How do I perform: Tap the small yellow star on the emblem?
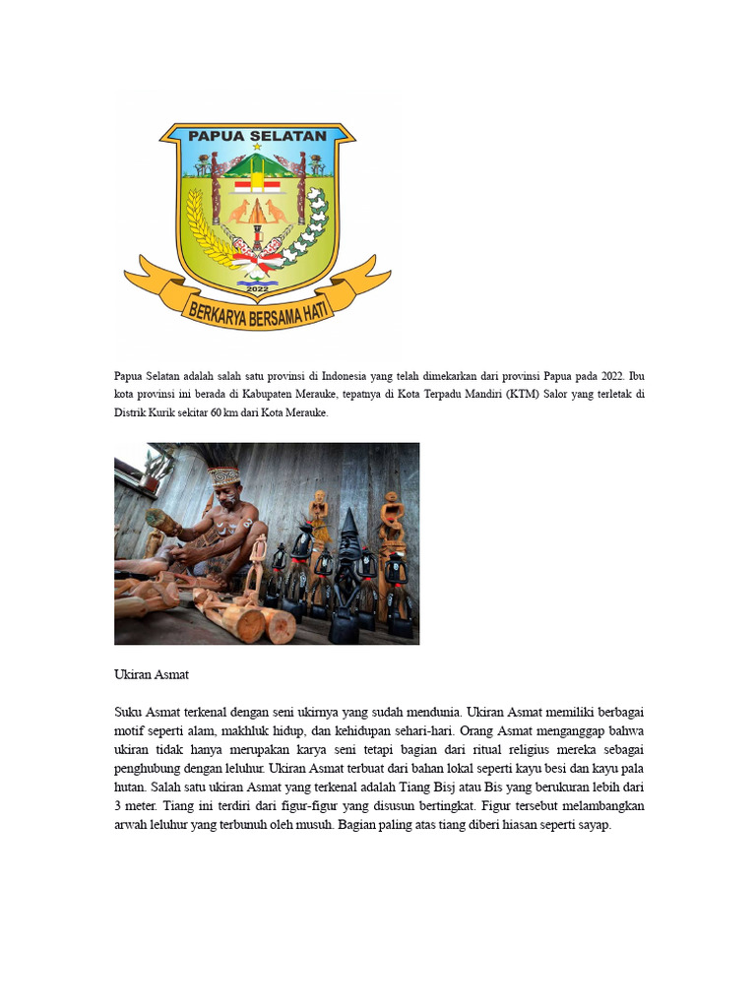coord(257,147)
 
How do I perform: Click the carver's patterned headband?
coord(224,475)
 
